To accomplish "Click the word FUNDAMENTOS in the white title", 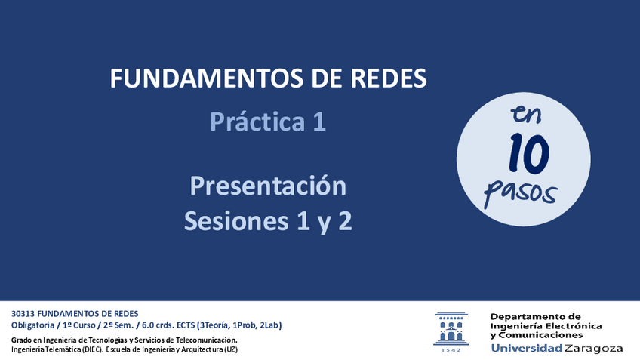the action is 206,78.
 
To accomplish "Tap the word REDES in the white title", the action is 389,78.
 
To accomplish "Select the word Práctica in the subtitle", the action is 257,122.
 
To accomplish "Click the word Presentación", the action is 268,186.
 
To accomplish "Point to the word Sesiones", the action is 236,221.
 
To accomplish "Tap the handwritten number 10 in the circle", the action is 529,153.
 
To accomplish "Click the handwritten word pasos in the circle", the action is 520,192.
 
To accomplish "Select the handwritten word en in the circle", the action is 526,114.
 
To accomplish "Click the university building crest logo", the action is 451,329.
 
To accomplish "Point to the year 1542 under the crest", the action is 451,350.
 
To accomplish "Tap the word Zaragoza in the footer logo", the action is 593,349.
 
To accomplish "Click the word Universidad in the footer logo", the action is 527,348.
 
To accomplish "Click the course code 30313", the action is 23,314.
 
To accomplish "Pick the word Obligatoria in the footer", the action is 32,325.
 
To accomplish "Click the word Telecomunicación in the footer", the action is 207,340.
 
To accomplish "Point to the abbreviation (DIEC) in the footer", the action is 92,349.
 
